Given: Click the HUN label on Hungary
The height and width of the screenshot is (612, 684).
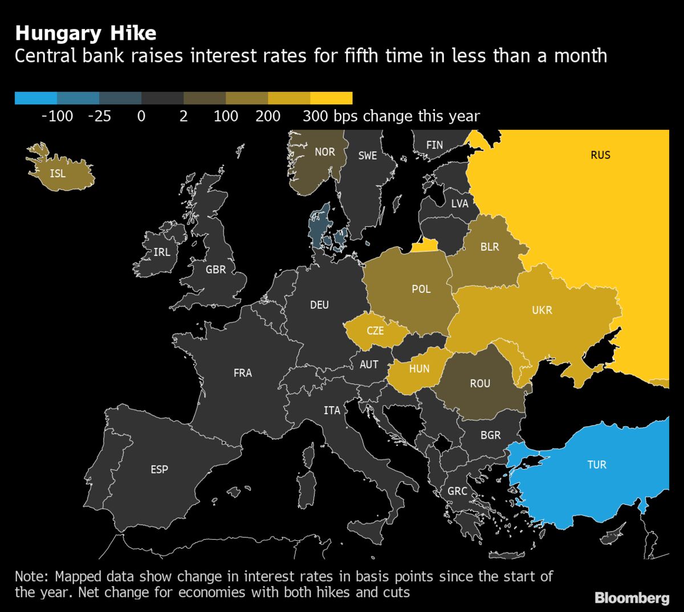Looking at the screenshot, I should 419,369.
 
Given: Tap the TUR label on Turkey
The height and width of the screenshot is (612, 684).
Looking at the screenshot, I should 597,464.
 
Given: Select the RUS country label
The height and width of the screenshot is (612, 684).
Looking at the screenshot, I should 600,155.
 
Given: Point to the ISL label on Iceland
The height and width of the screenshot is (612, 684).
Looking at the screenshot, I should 58,173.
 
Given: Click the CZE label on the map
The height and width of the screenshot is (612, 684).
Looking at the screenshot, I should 375,331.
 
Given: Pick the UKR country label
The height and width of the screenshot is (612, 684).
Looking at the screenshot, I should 542,311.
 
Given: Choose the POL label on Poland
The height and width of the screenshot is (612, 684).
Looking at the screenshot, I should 421,289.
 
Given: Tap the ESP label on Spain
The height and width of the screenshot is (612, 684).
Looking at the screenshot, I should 160,470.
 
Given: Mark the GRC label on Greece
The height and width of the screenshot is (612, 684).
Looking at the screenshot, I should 457,491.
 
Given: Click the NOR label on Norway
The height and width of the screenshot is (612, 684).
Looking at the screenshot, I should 325,152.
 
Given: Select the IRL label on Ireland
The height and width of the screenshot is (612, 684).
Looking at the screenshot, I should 162,252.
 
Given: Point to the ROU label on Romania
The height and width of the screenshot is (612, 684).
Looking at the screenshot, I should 480,383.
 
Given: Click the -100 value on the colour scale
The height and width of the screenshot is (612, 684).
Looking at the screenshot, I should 58,116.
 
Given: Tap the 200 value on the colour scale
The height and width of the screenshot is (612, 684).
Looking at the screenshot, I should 268,116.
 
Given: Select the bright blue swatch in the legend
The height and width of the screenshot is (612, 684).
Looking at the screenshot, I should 36,98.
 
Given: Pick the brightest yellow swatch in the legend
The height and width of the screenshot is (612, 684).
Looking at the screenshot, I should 331,98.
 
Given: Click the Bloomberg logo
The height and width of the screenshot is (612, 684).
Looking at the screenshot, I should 632,598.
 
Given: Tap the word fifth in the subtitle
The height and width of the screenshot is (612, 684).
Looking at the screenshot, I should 352,56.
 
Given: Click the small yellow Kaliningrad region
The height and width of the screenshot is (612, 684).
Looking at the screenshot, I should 425,246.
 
